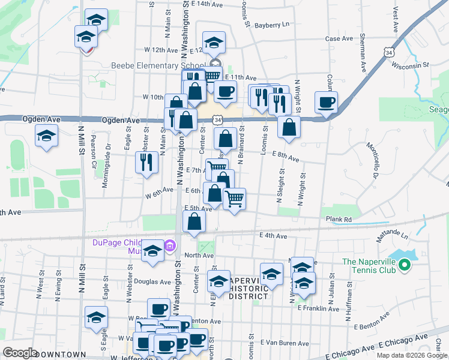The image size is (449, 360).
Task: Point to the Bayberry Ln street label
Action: tap(272, 25)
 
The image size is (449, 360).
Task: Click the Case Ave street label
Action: tap(339, 38)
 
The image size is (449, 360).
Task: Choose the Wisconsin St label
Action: tap(414, 64)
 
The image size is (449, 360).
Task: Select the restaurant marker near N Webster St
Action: tap(146, 162)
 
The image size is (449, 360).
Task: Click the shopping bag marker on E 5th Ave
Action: tap(194, 222)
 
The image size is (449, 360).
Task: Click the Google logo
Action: tap(20, 353)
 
